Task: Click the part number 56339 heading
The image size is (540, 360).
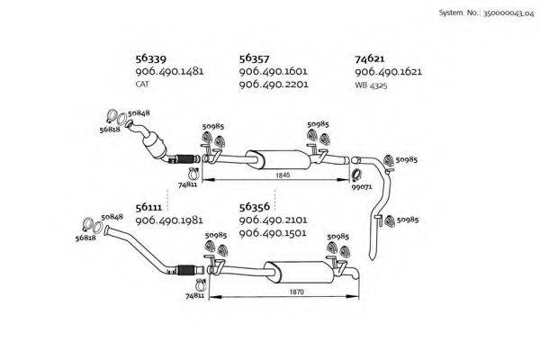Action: point(151,58)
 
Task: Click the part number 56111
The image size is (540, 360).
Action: point(151,207)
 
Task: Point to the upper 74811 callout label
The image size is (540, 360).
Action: point(188,183)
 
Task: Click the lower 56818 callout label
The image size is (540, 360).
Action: point(86,238)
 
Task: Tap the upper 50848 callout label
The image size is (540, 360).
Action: point(139,114)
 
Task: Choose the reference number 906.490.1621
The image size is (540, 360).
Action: point(388,71)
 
